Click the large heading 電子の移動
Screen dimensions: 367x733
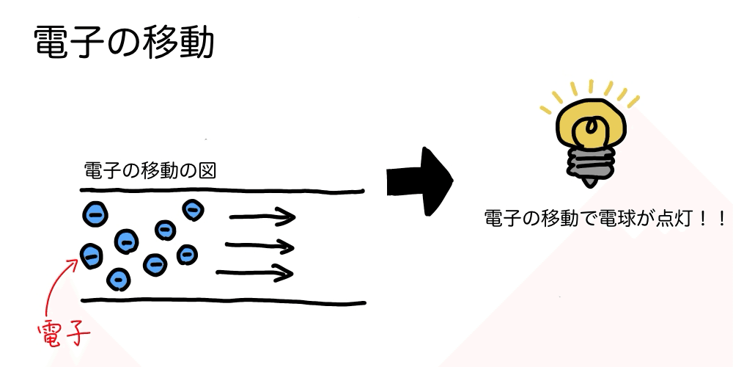click(x=125, y=44)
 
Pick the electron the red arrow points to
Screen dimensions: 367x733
click(x=92, y=255)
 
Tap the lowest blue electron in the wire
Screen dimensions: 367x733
click(x=119, y=278)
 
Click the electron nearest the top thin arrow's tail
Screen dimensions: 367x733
click(x=194, y=211)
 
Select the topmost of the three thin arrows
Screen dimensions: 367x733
click(x=262, y=217)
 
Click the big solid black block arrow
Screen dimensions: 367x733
click(x=419, y=181)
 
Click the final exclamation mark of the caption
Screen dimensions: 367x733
click(x=721, y=219)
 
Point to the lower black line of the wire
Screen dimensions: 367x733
click(x=220, y=301)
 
